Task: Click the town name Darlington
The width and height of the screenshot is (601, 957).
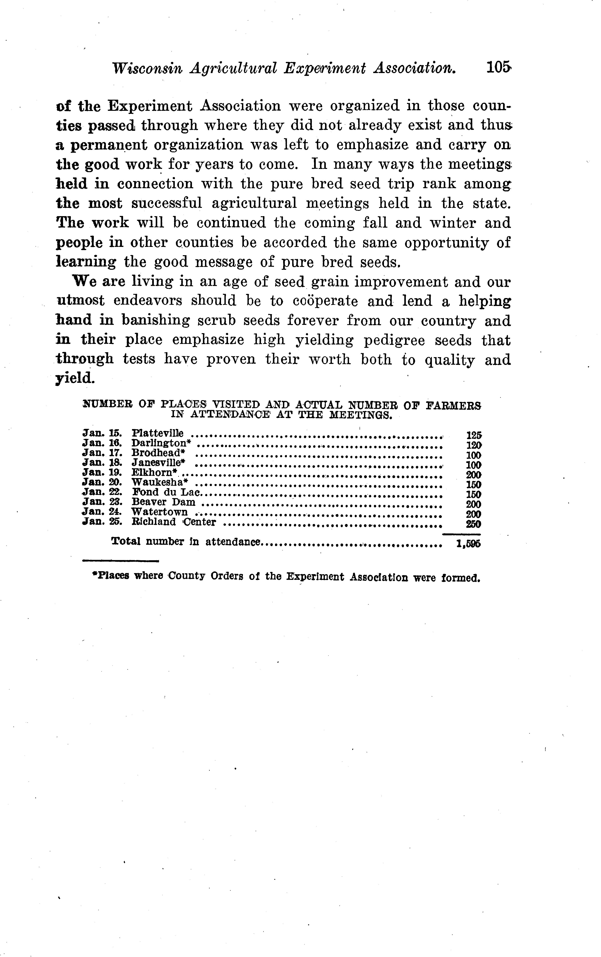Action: coord(159,443)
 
